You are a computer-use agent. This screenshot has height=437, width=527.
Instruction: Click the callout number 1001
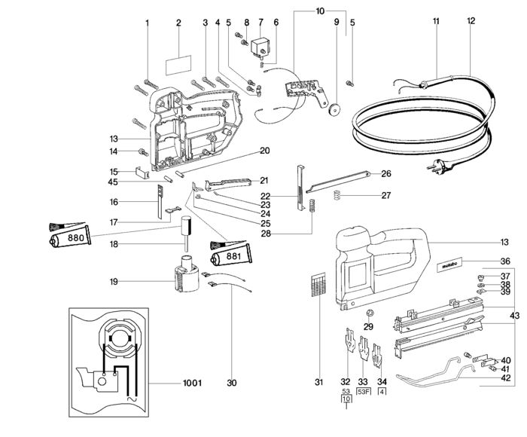coord(193,384)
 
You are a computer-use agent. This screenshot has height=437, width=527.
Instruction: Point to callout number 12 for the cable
coord(471,20)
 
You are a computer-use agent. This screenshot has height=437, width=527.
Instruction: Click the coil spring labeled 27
coord(339,195)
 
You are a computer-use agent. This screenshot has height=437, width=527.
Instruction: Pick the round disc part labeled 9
coord(332,109)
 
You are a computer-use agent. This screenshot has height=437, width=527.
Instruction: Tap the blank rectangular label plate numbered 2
coord(178,58)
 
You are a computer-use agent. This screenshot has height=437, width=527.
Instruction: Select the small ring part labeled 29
coord(369,313)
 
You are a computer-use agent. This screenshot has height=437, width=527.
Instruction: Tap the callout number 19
coord(113,283)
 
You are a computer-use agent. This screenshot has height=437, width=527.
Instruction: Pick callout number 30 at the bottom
coord(232,384)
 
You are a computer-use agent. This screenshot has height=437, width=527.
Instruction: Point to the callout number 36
coord(505,261)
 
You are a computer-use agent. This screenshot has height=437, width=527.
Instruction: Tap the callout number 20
coord(264,151)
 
